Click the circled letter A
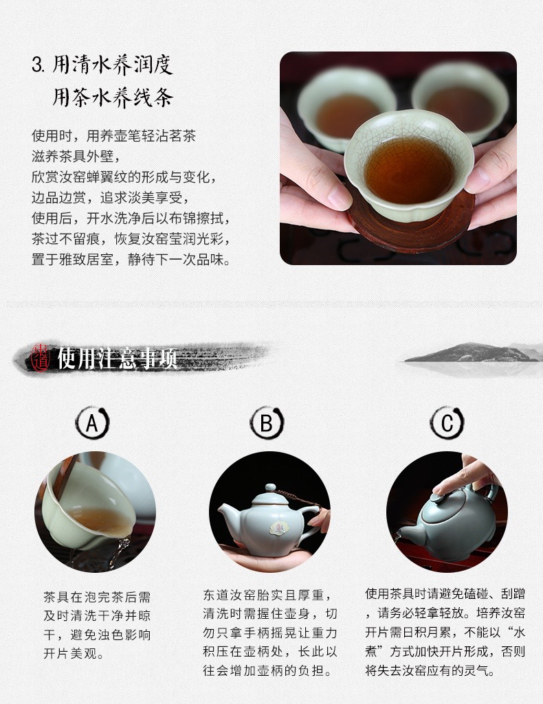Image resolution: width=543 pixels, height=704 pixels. coord(92,423)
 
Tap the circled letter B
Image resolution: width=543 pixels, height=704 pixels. coord(267,423)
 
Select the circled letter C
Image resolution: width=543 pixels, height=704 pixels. coord(447,423)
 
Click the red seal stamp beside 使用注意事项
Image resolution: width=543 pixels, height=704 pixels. coord(41,358)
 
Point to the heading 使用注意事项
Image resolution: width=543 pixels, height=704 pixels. coord(118,358)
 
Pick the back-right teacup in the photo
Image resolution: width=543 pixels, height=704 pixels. coord(463,101)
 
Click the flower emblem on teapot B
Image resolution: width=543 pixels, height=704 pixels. coord(277,527)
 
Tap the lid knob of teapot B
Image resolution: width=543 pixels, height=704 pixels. coord(270,488)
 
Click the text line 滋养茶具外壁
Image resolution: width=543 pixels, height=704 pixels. coord(76,156)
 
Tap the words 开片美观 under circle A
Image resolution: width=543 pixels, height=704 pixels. coord(70,653)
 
